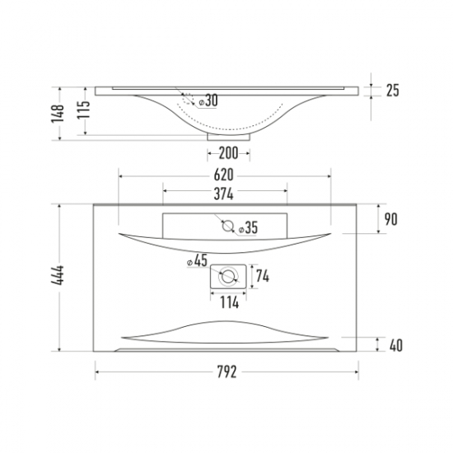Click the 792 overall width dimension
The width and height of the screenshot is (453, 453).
point(226,371)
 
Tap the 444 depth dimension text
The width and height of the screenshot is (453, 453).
point(58,275)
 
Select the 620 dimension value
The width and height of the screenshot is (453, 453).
point(223,175)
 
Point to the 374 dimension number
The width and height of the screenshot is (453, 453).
point(223,194)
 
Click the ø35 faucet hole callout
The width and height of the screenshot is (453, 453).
point(248,227)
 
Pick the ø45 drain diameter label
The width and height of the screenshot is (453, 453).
point(198,260)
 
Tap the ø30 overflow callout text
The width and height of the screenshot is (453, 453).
point(208,100)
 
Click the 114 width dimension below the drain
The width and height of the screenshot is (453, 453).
point(230,302)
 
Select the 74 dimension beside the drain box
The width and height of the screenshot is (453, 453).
point(263,277)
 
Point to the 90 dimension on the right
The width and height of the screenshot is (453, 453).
point(391,219)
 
